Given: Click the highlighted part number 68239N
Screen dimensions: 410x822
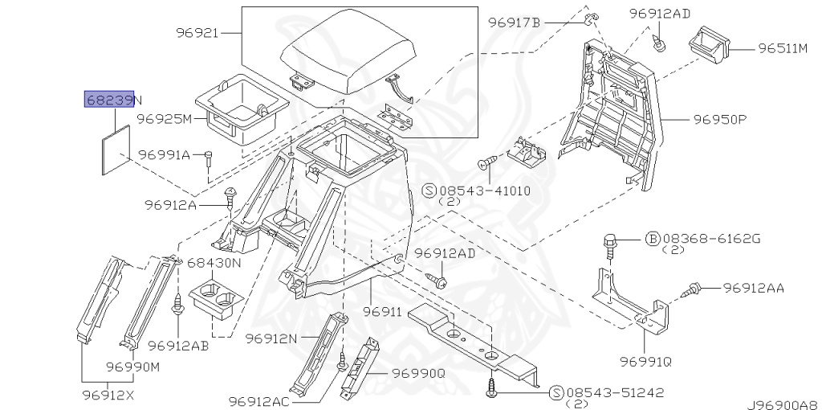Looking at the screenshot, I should (x=113, y=100).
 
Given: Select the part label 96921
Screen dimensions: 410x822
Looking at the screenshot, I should (x=197, y=33).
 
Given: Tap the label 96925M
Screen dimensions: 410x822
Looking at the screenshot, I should (x=165, y=119).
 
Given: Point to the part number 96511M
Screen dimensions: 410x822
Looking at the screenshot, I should (x=783, y=48).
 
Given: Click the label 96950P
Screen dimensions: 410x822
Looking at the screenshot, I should (x=719, y=120).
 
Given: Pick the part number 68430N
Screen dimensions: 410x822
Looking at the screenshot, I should (x=214, y=263).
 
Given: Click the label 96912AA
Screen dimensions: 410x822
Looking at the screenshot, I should (x=753, y=287).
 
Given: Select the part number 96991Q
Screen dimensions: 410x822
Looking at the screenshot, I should (x=645, y=362).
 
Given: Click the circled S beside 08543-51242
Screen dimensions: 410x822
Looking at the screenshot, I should (x=555, y=392).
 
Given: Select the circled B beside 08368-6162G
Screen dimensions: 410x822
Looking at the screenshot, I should (x=653, y=239).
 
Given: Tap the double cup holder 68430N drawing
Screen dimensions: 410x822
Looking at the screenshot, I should (x=215, y=301).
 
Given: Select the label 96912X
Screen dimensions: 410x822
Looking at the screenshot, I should (x=108, y=395).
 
